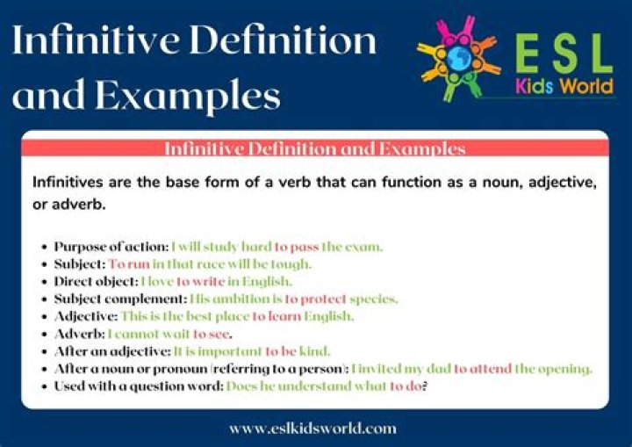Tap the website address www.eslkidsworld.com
pos(312,429)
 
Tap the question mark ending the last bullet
pos(425,386)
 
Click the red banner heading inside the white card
pos(314,148)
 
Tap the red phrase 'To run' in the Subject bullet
pos(128,263)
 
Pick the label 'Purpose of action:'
pos(111,247)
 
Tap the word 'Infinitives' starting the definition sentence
pos(69,184)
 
